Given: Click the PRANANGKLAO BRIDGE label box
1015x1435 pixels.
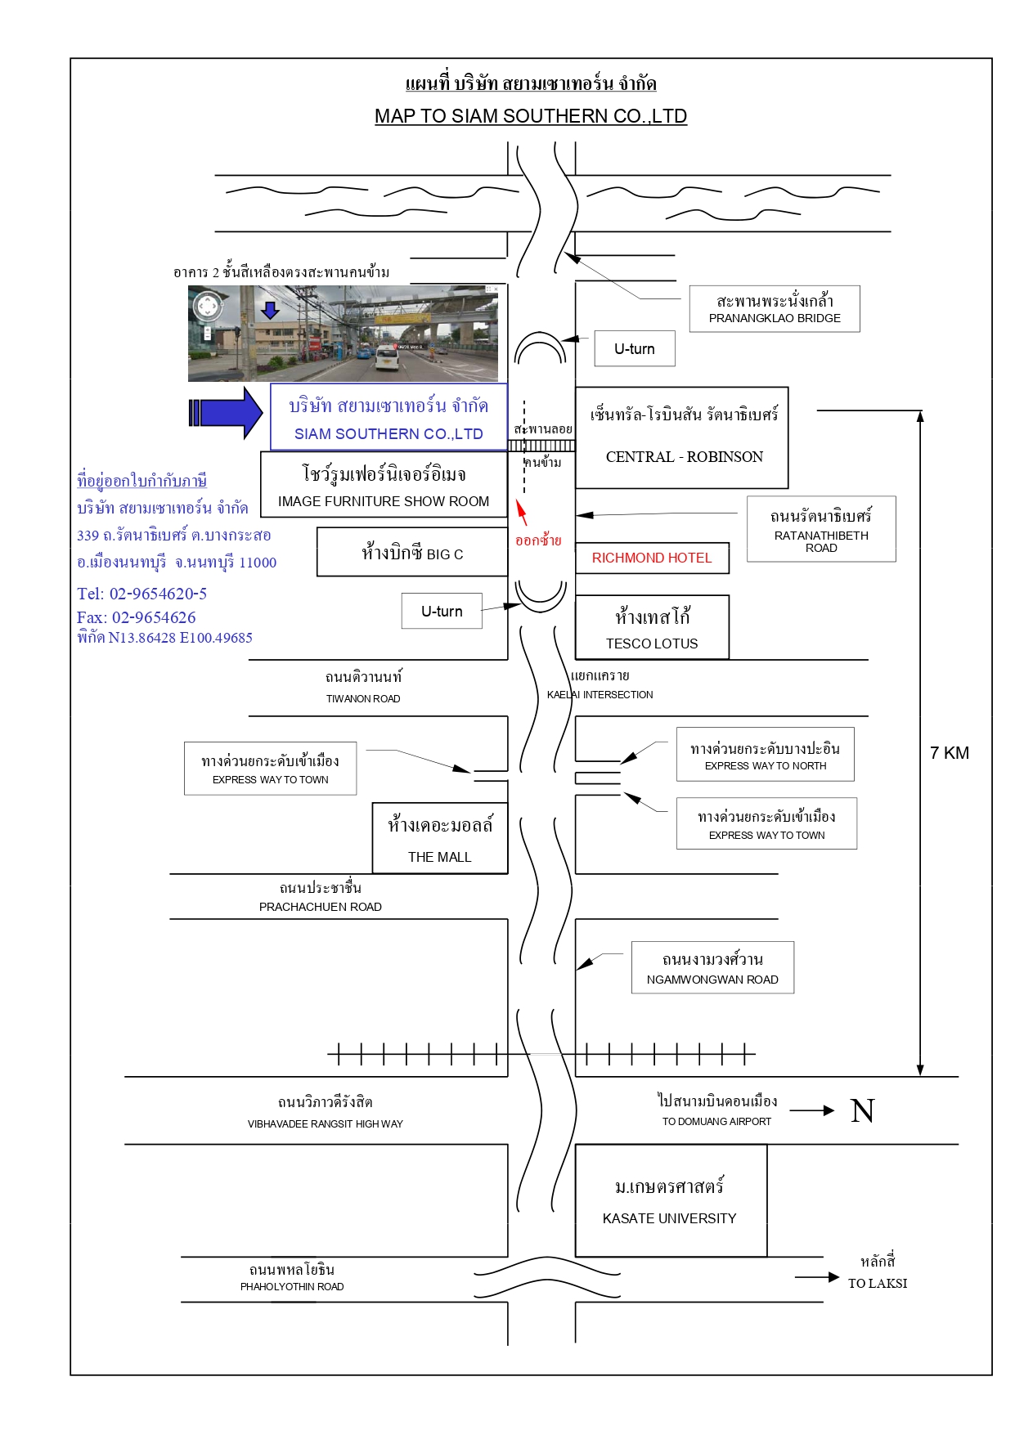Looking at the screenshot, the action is coord(774,309).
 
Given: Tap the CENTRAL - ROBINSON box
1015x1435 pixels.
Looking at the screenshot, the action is coord(682,437).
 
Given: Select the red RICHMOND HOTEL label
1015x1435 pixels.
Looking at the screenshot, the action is coord(652,558).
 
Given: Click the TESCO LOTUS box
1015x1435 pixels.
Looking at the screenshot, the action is coord(652,627).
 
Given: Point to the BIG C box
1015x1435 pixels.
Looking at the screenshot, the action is coord(412,552).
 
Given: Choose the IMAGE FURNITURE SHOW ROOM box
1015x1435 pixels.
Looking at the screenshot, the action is coord(384,485).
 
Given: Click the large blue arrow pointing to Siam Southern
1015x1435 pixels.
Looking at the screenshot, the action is coord(226,413).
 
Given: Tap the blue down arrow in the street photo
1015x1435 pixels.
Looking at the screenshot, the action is coord(271,310).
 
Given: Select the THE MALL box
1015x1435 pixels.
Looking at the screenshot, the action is coord(440,838).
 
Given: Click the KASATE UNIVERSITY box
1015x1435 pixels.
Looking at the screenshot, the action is coord(671,1200).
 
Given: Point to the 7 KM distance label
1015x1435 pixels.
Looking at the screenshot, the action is coord(949,753).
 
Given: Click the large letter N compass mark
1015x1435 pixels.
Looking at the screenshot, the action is coord(863,1110).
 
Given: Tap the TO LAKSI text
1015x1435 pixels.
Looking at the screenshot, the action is coord(878,1284).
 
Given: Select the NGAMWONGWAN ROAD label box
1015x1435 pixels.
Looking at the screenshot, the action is coord(712,968).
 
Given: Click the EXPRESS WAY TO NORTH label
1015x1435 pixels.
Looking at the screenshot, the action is coord(766,766).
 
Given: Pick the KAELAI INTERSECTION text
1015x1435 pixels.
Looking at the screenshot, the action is coord(600,695).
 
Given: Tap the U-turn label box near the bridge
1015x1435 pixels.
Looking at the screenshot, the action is coord(635,348).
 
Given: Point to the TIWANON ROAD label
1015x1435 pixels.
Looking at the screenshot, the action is coord(363,699).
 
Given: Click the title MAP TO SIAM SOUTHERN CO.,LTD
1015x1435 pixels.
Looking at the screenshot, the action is coord(531,116).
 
